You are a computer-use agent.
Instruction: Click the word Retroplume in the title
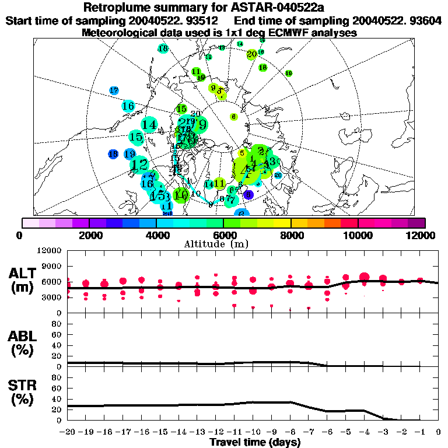pos(115,8)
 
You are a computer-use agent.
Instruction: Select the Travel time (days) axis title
pos(255,443)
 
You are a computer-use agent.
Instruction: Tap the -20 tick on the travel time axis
pos(67,432)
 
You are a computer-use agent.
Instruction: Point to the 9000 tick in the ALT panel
pos(51,266)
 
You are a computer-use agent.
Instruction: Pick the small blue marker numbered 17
pos(114,90)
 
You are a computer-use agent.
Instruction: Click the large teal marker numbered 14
pos(149,124)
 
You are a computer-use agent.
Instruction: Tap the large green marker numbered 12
pos(139,165)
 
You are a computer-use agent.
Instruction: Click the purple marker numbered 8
pos(249,195)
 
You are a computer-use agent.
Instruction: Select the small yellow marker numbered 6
pos(233,117)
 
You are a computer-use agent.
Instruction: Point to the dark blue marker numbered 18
pos(114,154)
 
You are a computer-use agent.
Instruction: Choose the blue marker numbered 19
pos(129,154)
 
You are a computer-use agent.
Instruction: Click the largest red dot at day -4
pos(365,277)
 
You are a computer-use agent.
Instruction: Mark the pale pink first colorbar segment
pos(30,223)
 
